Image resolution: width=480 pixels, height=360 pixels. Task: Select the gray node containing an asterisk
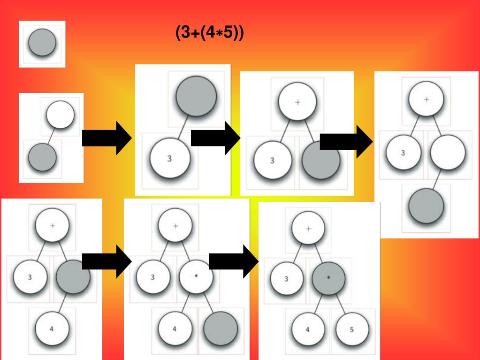[x=328, y=278]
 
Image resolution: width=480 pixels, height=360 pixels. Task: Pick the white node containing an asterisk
[x=196, y=277]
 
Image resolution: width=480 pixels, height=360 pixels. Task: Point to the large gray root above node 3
[x=196, y=95]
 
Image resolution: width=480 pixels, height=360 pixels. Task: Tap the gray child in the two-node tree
[x=42, y=157]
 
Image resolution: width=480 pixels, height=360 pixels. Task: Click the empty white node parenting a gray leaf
[x=448, y=153]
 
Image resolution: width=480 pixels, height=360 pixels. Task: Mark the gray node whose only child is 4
[x=73, y=277]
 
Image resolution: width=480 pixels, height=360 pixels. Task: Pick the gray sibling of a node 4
[x=221, y=329]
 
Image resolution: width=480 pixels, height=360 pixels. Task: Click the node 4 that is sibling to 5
[x=308, y=329]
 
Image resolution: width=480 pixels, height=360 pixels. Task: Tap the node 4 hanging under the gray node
[x=52, y=328]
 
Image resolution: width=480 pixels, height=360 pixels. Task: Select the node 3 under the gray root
[x=169, y=159]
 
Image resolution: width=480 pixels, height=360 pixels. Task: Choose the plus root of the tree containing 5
[x=308, y=229]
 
